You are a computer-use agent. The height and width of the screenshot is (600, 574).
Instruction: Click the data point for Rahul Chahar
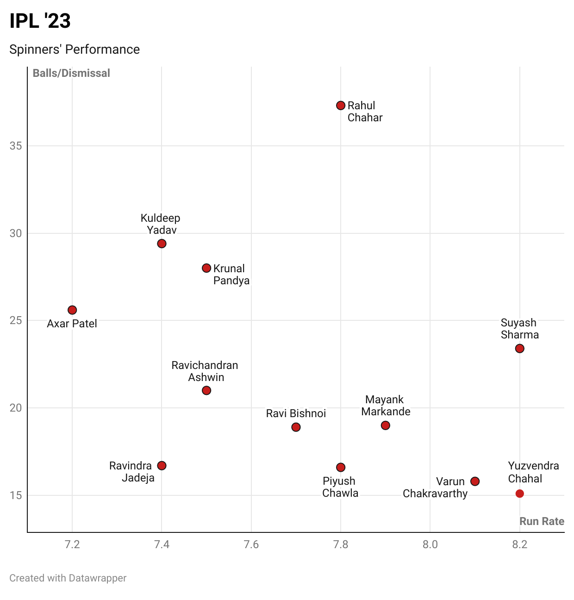[x=341, y=106]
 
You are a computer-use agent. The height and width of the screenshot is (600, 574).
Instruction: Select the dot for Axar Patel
[x=72, y=310]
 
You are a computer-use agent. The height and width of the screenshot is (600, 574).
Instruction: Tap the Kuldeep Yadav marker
[x=162, y=244]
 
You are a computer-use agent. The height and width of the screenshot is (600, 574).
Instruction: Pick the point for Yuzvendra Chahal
[x=519, y=494]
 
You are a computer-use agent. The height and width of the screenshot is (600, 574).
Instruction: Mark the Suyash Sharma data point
[x=519, y=348]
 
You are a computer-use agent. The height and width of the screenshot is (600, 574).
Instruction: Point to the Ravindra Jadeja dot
[x=162, y=465]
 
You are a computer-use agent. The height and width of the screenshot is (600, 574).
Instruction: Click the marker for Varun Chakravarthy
[x=475, y=481]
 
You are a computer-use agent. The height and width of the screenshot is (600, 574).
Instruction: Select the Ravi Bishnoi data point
[x=296, y=427]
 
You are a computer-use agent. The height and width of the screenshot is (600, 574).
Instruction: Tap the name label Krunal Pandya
[x=231, y=275]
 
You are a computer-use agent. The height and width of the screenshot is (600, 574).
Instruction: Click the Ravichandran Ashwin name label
[x=205, y=371]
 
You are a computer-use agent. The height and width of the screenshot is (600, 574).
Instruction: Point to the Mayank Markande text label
[x=386, y=406]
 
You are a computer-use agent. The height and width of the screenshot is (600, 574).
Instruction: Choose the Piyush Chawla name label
[x=340, y=487]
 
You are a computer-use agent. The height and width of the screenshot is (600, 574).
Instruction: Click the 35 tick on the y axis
[x=16, y=146]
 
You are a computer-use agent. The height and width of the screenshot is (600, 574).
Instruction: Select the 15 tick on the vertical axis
[x=16, y=495]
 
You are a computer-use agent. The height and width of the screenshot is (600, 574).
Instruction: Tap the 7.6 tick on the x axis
[x=251, y=544]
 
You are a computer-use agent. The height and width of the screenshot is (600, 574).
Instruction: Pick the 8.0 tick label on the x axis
[x=430, y=544]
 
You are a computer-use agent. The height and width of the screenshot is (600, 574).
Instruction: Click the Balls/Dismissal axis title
[x=71, y=73]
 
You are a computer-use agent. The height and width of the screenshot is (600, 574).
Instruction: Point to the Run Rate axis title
[x=542, y=521]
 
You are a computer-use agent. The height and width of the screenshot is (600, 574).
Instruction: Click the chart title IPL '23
[x=40, y=21]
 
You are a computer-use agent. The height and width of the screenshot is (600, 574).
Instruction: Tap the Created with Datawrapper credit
[x=68, y=578]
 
